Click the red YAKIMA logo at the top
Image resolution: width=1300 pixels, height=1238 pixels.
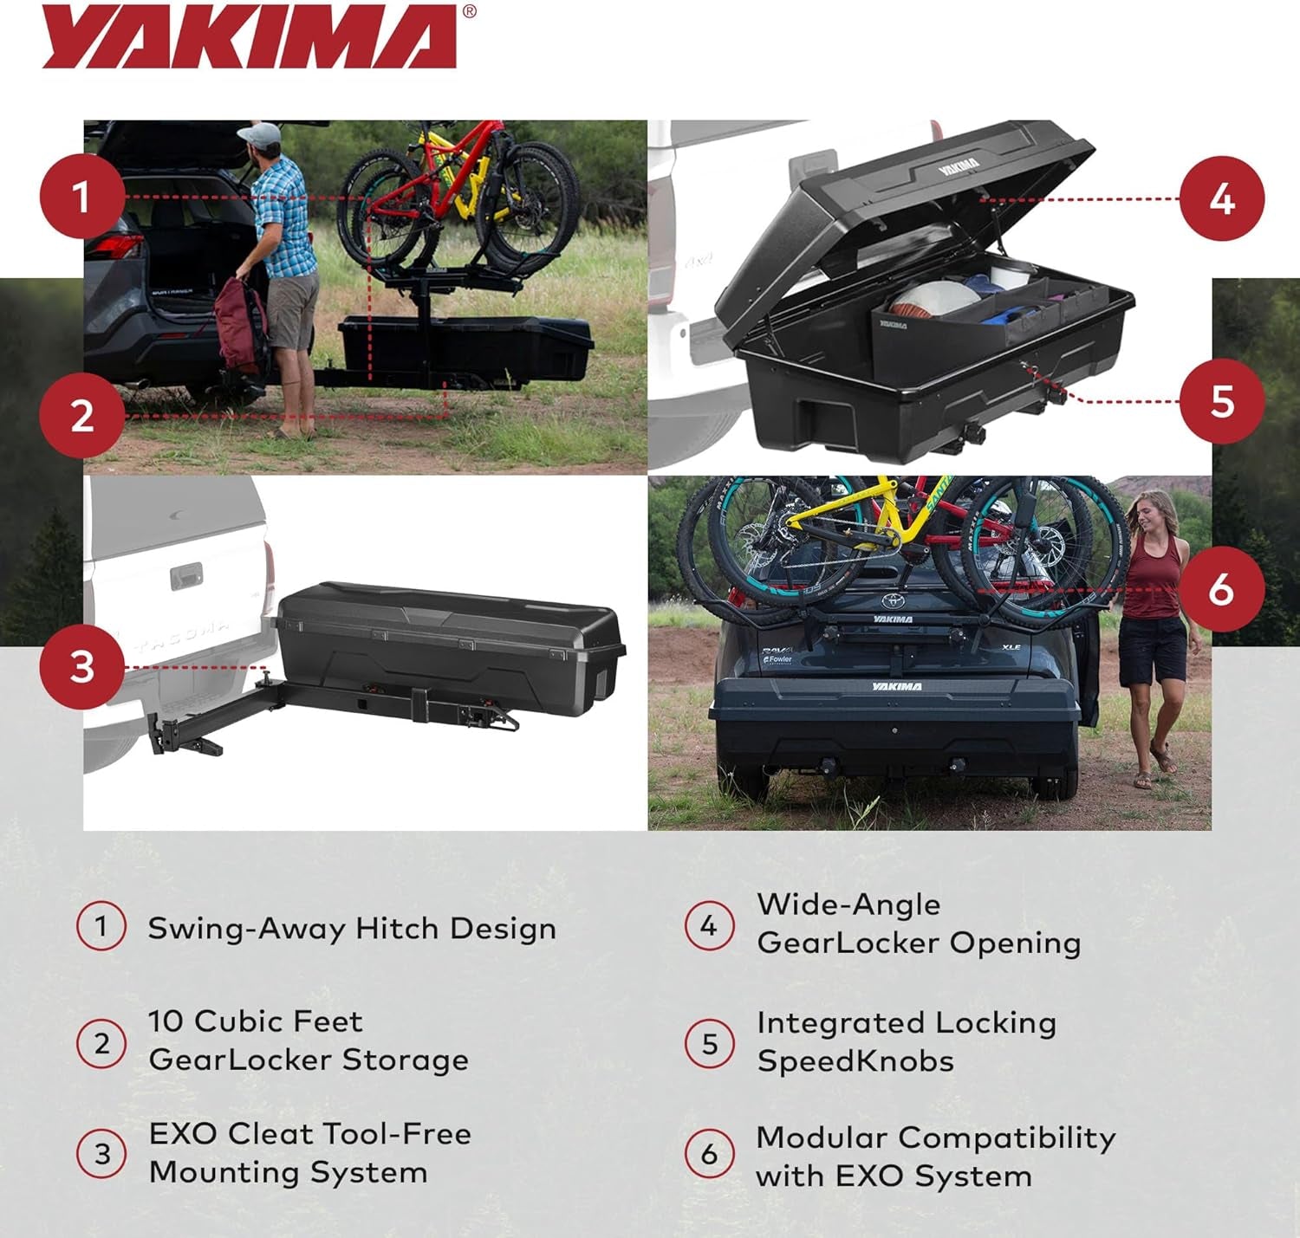click(x=250, y=36)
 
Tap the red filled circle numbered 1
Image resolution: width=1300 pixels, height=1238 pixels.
click(x=81, y=197)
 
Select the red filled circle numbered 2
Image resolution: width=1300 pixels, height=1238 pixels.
click(x=81, y=416)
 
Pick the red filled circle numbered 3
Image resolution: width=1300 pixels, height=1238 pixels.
click(x=81, y=667)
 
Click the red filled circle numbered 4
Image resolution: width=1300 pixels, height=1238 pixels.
click(x=1222, y=199)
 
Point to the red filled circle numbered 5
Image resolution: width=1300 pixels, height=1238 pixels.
click(x=1222, y=401)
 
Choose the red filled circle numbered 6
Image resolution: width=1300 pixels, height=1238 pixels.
click(x=1222, y=590)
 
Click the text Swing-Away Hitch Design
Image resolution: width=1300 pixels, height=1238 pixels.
click(x=352, y=929)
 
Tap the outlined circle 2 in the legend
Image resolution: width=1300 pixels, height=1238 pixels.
click(x=101, y=1043)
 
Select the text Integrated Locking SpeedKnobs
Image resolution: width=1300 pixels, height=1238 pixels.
click(x=906, y=1041)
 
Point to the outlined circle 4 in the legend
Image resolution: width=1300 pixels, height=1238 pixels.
click(x=709, y=926)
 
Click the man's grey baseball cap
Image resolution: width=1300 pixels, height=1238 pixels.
click(x=260, y=134)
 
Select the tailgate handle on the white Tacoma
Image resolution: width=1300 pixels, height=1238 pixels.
click(x=186, y=574)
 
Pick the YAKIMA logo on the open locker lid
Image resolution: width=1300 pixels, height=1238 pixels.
click(x=959, y=165)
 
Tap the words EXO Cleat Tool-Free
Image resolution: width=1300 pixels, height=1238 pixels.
click(x=309, y=1134)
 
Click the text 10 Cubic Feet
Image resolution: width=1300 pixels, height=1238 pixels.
click(x=255, y=1021)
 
